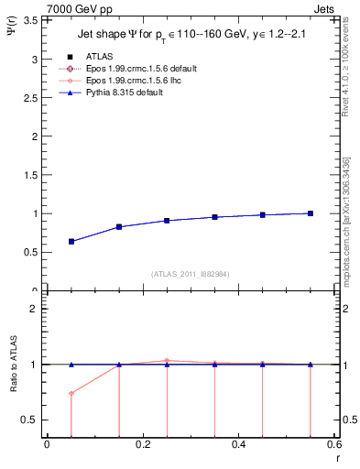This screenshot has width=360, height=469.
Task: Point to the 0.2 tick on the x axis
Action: [x=142, y=446]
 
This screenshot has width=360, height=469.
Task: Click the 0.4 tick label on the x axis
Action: [x=238, y=446]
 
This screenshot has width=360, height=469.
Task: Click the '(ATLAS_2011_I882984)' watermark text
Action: [x=190, y=274]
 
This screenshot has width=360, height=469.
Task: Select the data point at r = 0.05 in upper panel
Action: [x=71, y=242]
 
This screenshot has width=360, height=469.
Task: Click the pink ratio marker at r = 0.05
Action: [x=71, y=394]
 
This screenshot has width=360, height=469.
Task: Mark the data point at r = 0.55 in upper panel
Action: [x=311, y=213]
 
